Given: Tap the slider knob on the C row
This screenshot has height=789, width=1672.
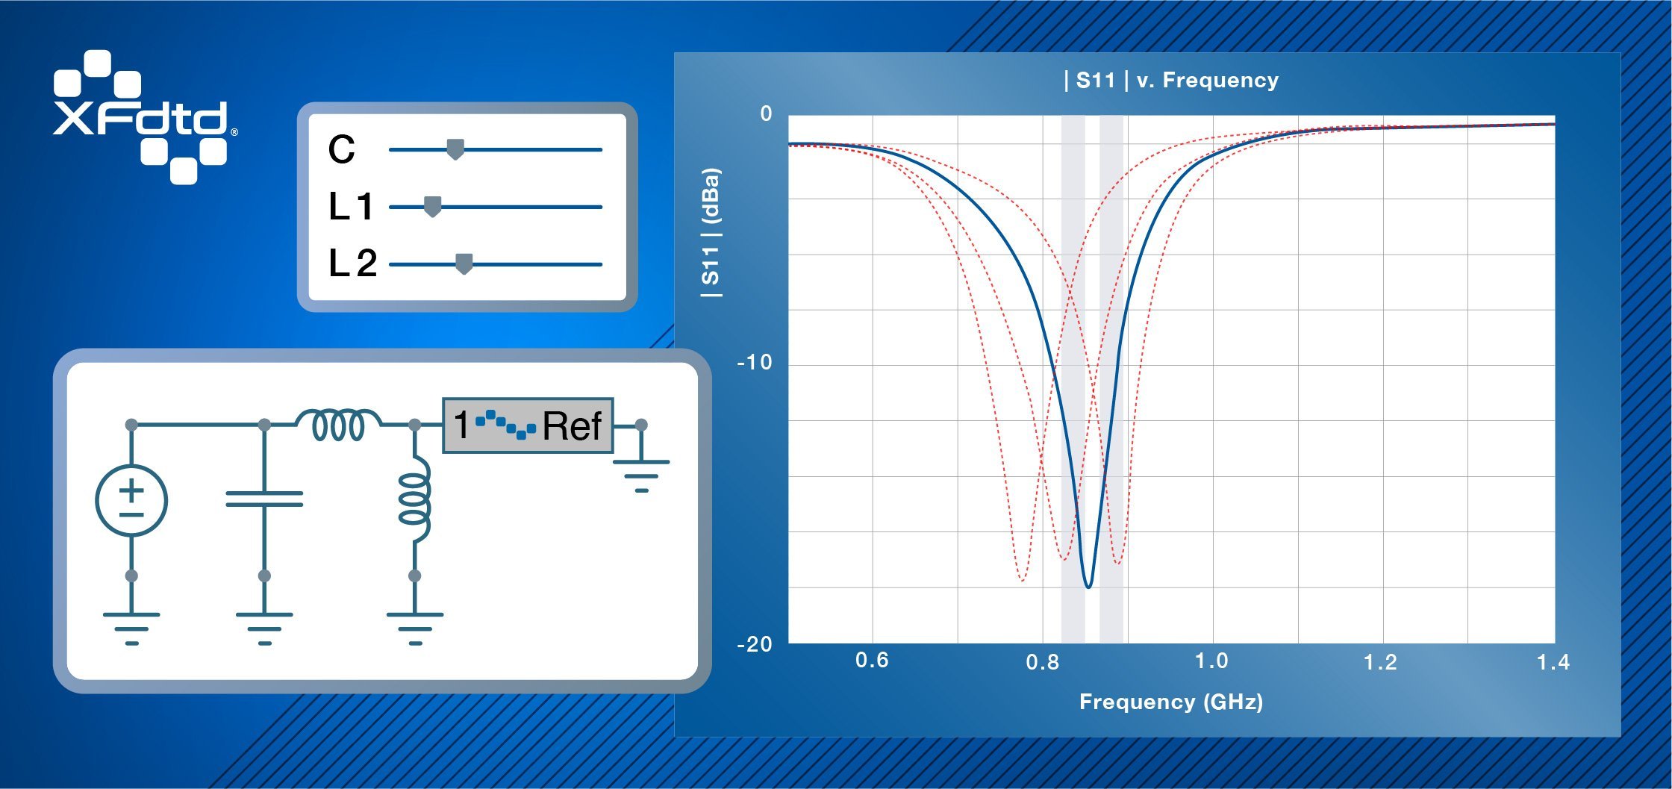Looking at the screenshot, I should point(455,149).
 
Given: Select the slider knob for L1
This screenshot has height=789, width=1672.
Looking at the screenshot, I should point(432,207).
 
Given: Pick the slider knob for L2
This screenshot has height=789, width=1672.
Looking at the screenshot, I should point(464,264).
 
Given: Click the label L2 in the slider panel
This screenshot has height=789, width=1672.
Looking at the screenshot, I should point(352,263).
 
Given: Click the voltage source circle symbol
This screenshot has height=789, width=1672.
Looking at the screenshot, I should point(131,500).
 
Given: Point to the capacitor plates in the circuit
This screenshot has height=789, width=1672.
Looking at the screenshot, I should point(264,499).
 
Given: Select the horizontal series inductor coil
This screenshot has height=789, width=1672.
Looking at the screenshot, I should point(338,425).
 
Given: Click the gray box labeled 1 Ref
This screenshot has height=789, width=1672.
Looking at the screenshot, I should point(528,425).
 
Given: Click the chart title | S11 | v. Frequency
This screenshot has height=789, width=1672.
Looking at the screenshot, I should point(1170,80).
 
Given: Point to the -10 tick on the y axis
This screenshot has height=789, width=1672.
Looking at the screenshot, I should point(754,363).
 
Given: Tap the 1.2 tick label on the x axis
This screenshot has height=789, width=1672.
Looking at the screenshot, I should point(1379,662).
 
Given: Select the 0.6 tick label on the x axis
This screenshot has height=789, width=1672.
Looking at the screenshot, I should point(871,661).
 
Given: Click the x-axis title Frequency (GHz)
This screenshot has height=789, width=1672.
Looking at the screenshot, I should point(1170,702).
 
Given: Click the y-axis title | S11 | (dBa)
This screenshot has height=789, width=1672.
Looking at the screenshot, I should point(711,233).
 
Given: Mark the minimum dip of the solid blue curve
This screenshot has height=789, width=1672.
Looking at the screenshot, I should point(1088,587).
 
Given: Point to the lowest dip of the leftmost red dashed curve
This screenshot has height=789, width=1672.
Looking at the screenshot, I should point(1022,579).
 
